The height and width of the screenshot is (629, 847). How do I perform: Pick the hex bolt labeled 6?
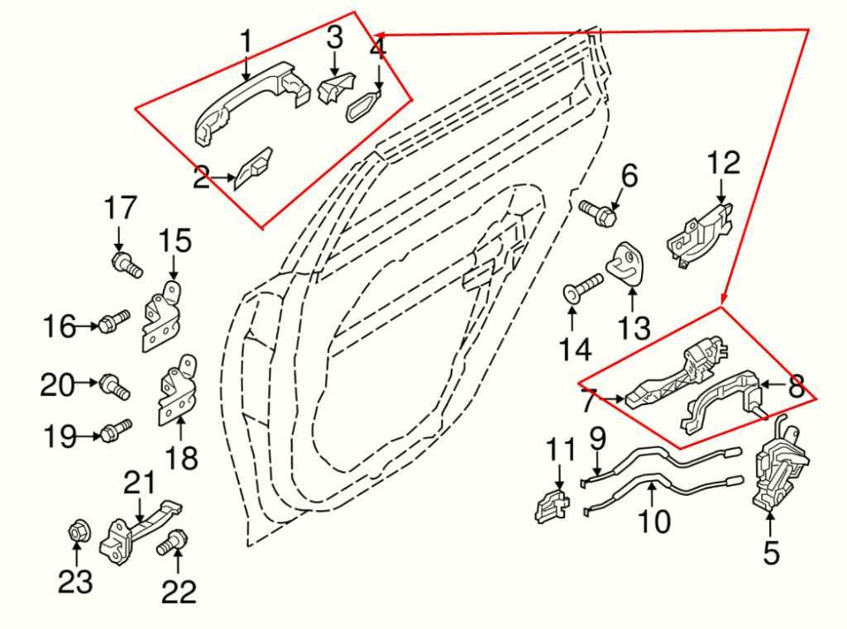pyautogui.click(x=599, y=212)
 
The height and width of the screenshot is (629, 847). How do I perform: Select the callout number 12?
pyautogui.click(x=724, y=163)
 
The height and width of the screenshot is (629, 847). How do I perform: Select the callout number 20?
pyautogui.click(x=58, y=384)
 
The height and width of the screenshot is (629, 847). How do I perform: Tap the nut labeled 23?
pyautogui.click(x=75, y=535)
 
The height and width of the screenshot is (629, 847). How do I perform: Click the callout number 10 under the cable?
pyautogui.click(x=653, y=521)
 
